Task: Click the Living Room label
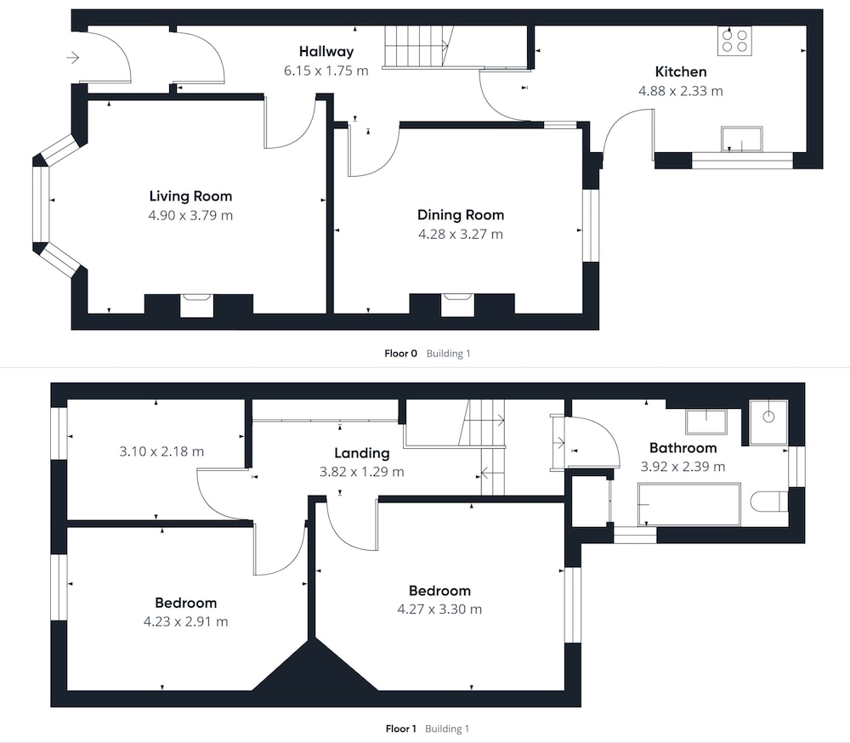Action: coord(190,196)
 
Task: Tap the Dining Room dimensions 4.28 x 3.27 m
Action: coord(460,235)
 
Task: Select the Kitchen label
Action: coord(680,71)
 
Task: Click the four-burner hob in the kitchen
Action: coord(734,41)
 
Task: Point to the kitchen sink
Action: coord(741,139)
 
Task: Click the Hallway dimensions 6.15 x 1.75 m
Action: coord(326,71)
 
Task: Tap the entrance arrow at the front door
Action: coord(73,57)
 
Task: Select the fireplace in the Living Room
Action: coord(197,305)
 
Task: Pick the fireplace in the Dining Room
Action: coord(457,305)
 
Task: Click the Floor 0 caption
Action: coord(400,354)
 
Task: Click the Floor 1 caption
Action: coord(400,729)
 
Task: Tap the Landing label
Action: coord(361,453)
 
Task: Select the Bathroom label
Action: coord(683,448)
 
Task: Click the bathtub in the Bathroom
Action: coord(689,504)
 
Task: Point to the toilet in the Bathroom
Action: coord(769,501)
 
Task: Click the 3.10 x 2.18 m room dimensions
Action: coord(161,451)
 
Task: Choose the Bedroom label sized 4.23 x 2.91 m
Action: coord(185,603)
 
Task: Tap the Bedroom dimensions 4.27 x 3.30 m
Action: coord(439,610)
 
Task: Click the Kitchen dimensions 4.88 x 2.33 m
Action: coord(680,91)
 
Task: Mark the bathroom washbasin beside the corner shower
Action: coord(705,422)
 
